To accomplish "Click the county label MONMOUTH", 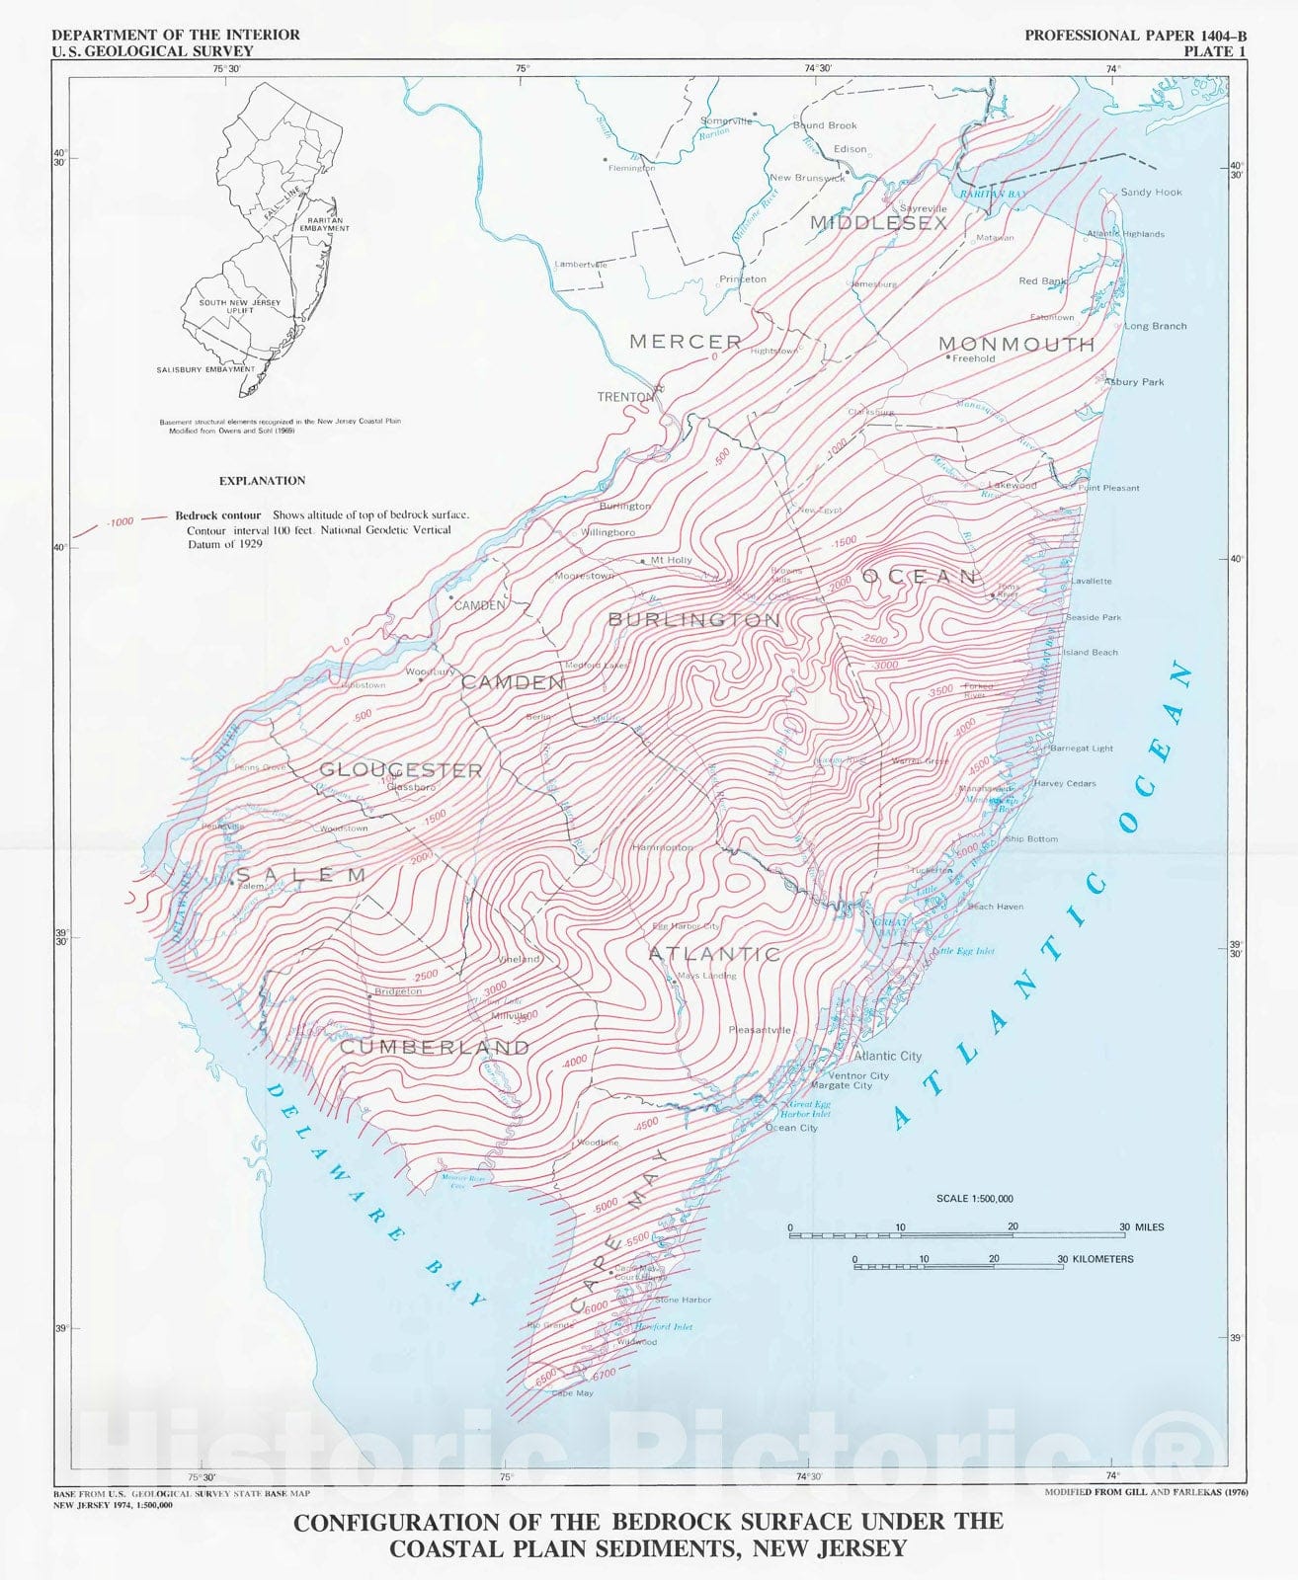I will pos(1015,345).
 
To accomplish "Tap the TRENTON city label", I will pos(625,397).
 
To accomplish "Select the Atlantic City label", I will pos(888,1056).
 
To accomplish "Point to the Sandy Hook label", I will pos(1151,192).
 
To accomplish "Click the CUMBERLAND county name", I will pos(435,1047).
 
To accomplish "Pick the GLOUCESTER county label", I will pos(401,770).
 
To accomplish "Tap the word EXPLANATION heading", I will pos(262,481).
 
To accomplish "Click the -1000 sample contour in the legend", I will pos(120,521).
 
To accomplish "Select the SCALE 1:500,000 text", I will pos(974,1199).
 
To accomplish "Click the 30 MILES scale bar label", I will pos(1141,1227).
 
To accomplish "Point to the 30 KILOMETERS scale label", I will pos(1095,1259).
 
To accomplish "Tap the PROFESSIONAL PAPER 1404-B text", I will pos(1135,35).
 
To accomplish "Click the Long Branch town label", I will pos(1156,326).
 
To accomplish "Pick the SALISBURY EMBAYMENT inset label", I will pos(205,369).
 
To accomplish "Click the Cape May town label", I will pos(573,1393).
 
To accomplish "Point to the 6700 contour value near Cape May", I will pos(604,1374).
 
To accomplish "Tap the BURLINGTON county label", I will pos(693,619).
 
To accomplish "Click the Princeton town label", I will pos(743,279).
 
